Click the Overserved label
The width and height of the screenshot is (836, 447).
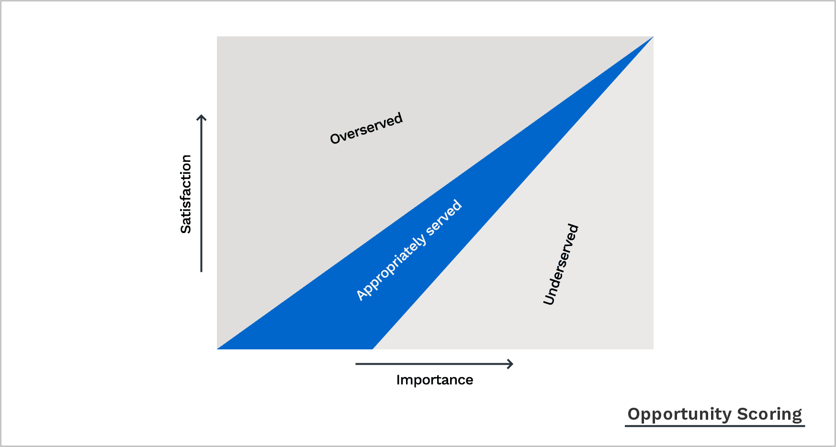coord(366,128)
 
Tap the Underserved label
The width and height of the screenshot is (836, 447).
coord(561,264)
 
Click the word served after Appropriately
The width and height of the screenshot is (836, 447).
coord(444,218)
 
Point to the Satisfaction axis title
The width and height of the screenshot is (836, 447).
coord(186,194)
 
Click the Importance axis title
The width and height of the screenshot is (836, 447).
coord(434,380)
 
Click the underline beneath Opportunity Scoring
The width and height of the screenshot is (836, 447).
coord(714,425)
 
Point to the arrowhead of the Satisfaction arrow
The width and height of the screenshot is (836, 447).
coord(202,116)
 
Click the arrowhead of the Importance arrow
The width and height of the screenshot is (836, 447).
coord(512,364)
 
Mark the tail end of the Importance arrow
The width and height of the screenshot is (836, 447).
coord(356,364)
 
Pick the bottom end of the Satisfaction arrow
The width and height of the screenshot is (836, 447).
coord(202,271)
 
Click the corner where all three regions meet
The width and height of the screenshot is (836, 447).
coord(653,37)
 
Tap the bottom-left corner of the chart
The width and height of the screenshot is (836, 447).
coord(217,349)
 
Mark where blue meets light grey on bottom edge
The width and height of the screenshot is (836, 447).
coord(373,349)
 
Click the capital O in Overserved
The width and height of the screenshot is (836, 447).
coord(335,138)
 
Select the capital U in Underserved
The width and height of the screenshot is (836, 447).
coord(549,300)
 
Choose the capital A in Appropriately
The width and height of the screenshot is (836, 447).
coord(362,295)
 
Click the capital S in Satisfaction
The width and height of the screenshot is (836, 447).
coord(186,227)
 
